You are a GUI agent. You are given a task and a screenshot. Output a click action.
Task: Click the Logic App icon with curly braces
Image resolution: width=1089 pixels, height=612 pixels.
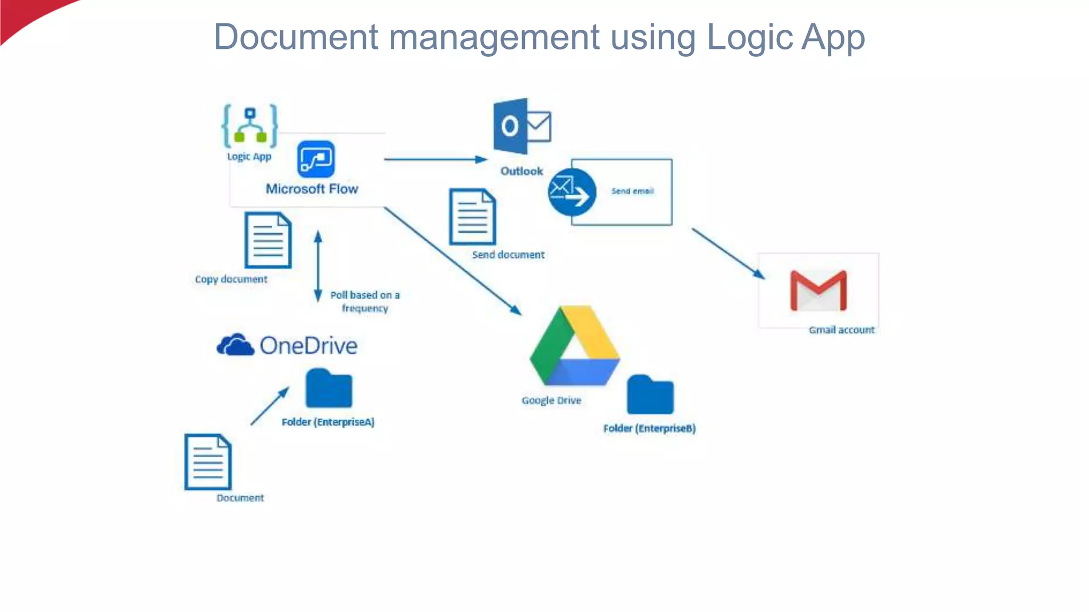250,126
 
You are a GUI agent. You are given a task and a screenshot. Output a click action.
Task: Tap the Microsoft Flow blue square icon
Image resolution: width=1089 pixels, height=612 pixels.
316,159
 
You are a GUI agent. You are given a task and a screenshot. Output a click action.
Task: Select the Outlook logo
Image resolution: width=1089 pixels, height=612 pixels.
522,126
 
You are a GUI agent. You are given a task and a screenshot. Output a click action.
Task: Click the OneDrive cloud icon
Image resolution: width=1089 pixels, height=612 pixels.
235,345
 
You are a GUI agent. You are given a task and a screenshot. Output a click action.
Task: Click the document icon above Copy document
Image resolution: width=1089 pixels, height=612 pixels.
268,240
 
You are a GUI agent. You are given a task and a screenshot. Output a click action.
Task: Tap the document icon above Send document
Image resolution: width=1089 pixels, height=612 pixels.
473,217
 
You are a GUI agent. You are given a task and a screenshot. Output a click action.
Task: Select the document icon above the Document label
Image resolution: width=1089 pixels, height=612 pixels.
208,462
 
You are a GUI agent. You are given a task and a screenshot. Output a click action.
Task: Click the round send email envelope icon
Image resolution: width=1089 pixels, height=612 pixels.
572,192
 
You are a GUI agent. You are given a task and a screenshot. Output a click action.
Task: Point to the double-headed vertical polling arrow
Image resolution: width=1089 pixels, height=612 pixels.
318,266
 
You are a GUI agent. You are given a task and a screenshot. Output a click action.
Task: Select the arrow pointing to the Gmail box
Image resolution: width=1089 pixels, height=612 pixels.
728,253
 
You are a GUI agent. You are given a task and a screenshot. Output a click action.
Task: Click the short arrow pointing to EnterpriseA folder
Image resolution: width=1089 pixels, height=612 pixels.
270,406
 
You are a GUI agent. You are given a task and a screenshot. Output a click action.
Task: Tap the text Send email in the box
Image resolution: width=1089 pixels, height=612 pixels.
632,191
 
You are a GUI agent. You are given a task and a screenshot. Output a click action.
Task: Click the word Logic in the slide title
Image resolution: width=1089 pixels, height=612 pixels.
750,38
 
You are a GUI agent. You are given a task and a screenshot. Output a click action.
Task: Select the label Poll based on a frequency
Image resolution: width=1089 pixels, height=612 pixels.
365,301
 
